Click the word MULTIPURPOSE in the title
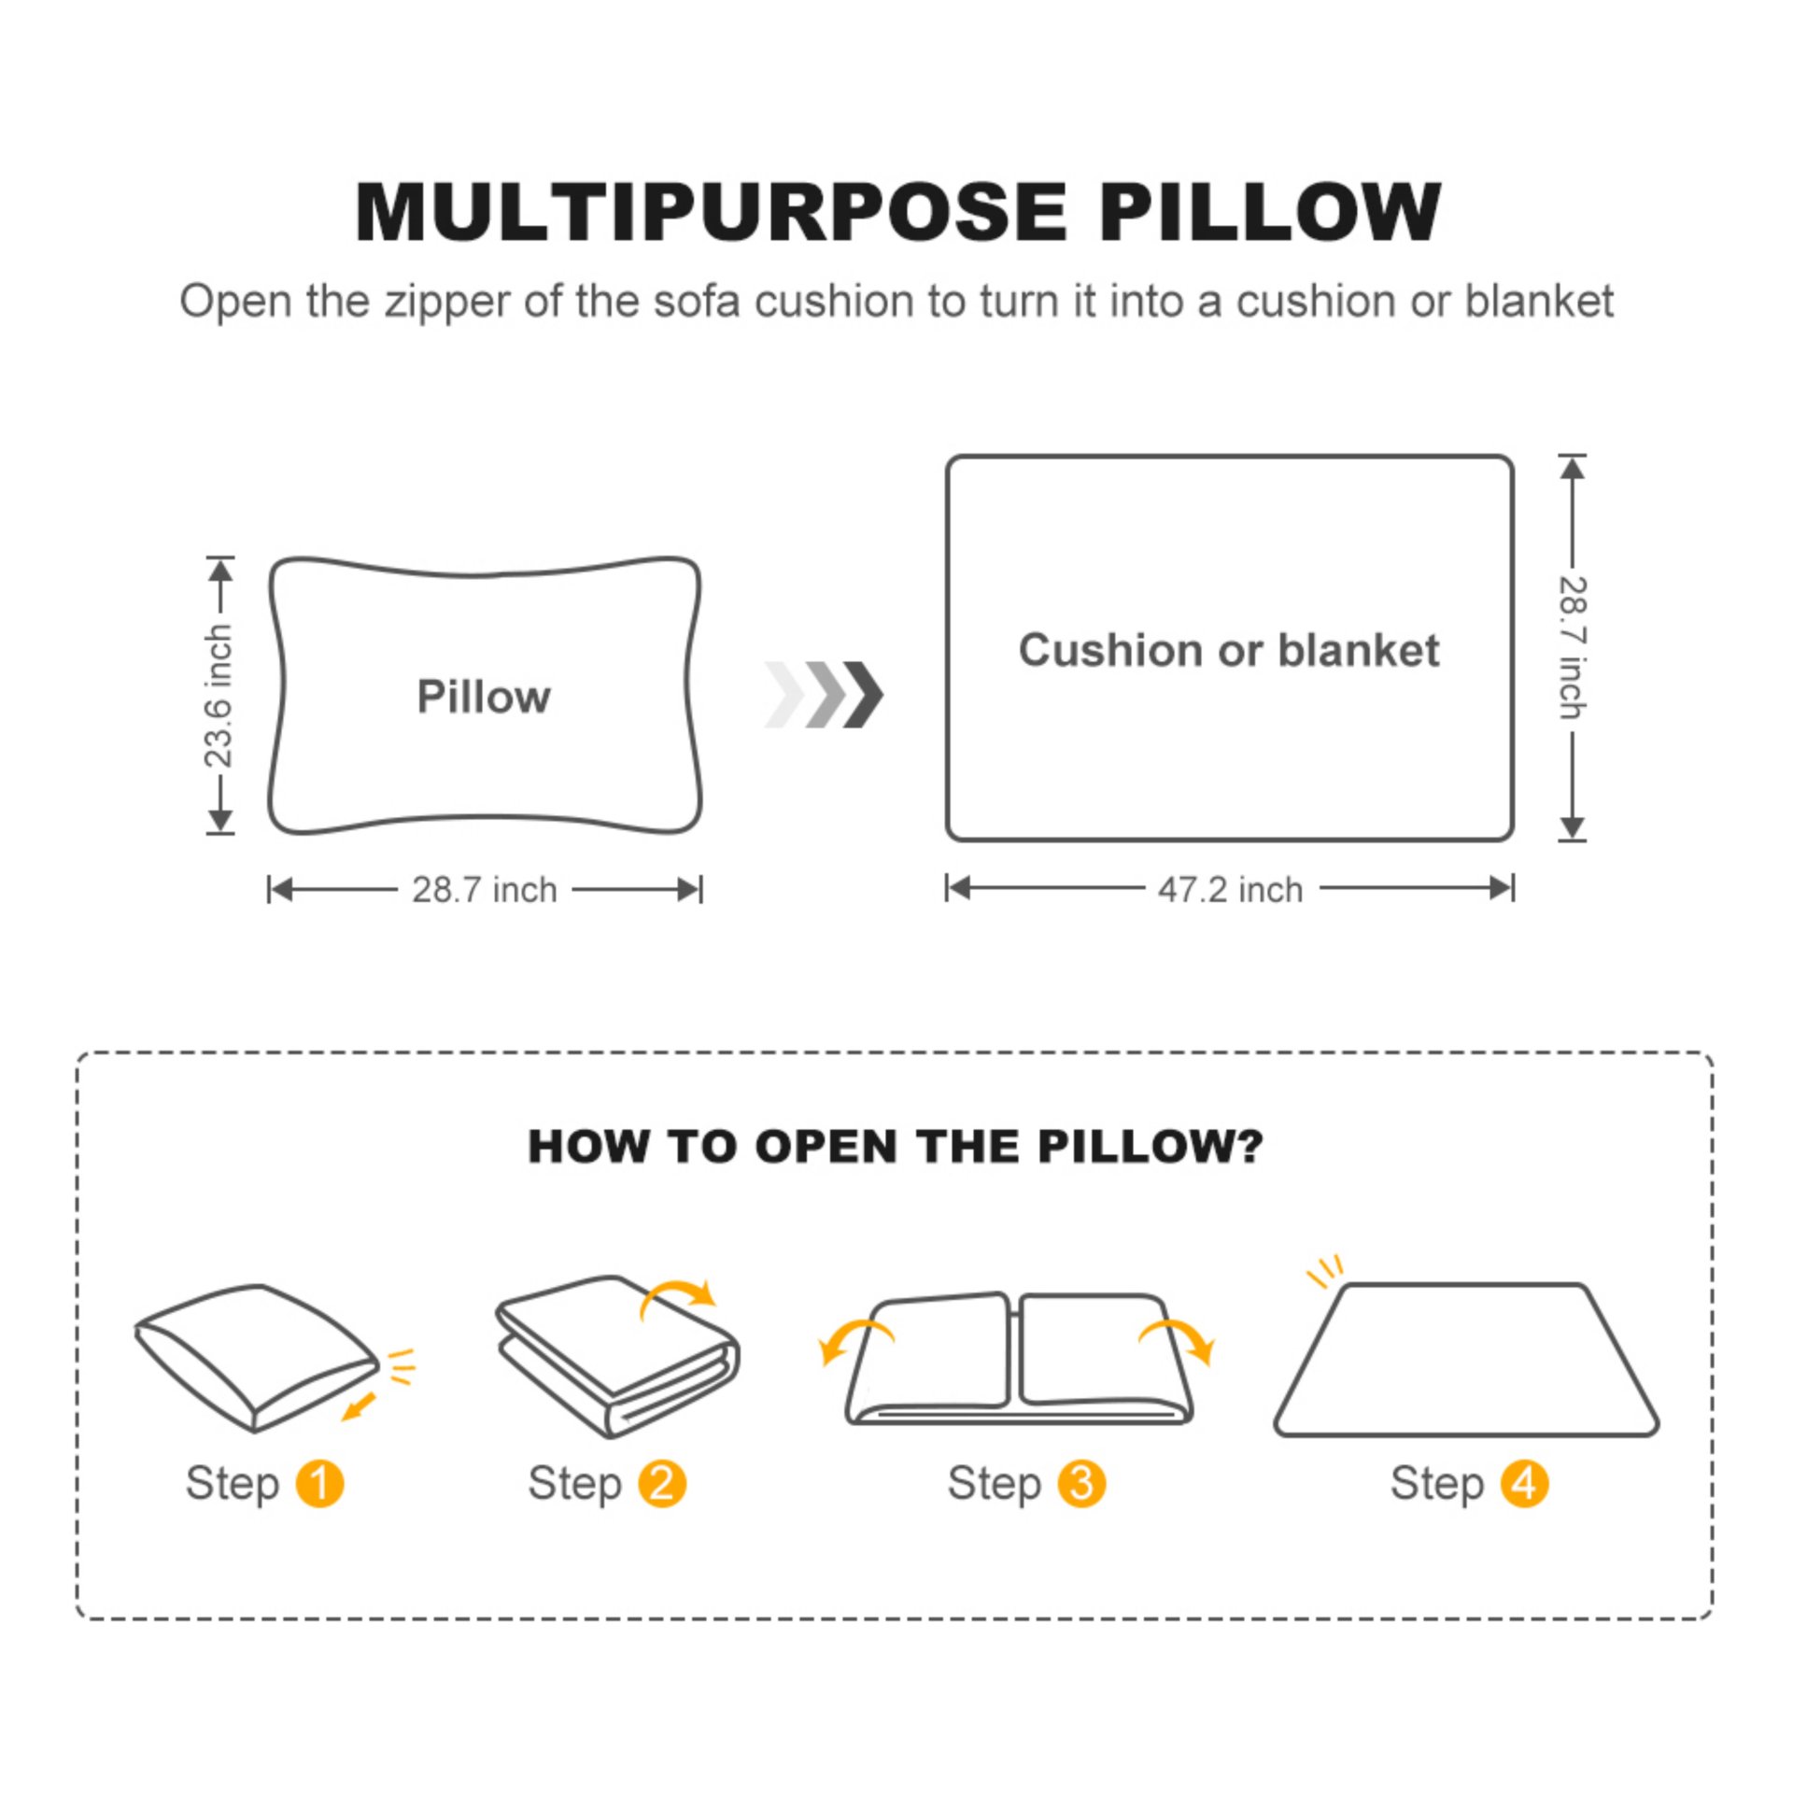click(710, 213)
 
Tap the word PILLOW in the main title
click(1270, 213)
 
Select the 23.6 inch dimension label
click(219, 696)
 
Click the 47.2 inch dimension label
click(1230, 890)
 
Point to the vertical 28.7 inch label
click(1572, 647)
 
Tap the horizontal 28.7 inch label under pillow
click(484, 890)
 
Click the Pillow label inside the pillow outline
click(484, 697)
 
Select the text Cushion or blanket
click(1228, 650)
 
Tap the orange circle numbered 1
click(319, 1484)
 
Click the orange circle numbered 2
click(662, 1484)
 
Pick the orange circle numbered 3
click(1081, 1484)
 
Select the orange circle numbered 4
click(1524, 1484)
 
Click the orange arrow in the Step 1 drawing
click(359, 1406)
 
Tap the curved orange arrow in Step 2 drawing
click(679, 1297)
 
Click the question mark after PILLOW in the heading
click(1249, 1146)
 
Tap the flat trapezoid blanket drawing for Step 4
click(1466, 1363)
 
